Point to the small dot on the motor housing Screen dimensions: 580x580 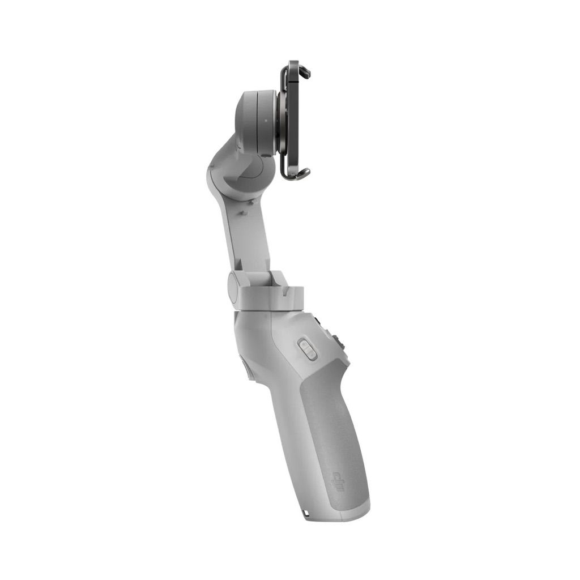point(265,121)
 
